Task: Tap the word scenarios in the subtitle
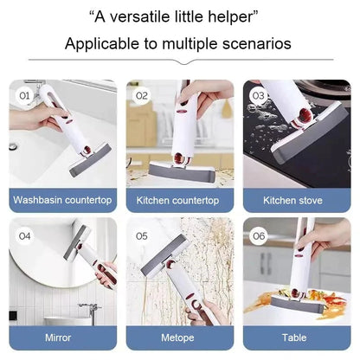coord(258,43)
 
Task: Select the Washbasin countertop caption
coord(62,200)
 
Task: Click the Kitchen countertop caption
coord(178,200)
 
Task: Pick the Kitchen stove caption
coord(293,200)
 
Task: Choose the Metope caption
coord(178,337)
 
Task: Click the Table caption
coord(293,337)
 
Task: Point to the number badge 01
coord(24,94)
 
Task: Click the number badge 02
coord(141,94)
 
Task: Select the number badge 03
coord(257,94)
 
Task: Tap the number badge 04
coord(24,234)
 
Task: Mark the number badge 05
coord(141,234)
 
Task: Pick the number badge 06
coord(257,234)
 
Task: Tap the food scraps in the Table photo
coord(275,303)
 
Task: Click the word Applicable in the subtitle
coord(101,43)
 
